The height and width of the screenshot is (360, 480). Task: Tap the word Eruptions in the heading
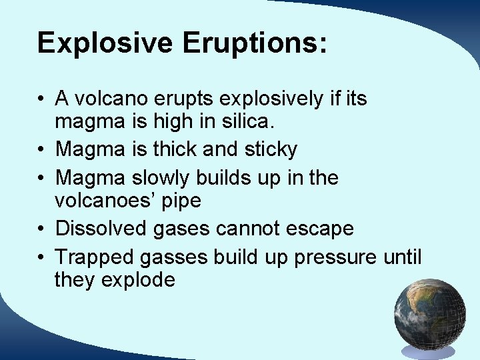[255, 43]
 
